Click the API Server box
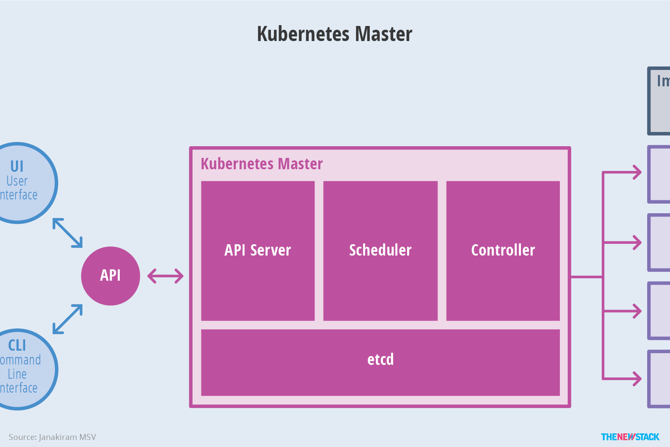pos(258,251)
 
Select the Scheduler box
pos(380,251)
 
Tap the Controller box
pos(503,251)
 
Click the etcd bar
pos(380,362)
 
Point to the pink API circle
pos(111,276)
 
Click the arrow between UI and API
pos(67,233)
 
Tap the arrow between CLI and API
pos(67,319)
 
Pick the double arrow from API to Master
pos(165,276)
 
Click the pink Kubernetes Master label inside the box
pos(262,164)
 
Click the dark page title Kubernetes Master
pos(335,34)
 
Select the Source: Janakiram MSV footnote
pos(52,437)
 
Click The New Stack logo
pos(630,437)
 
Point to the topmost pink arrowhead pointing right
pos(637,172)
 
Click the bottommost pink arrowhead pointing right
pos(637,379)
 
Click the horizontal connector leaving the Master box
pos(586,277)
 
